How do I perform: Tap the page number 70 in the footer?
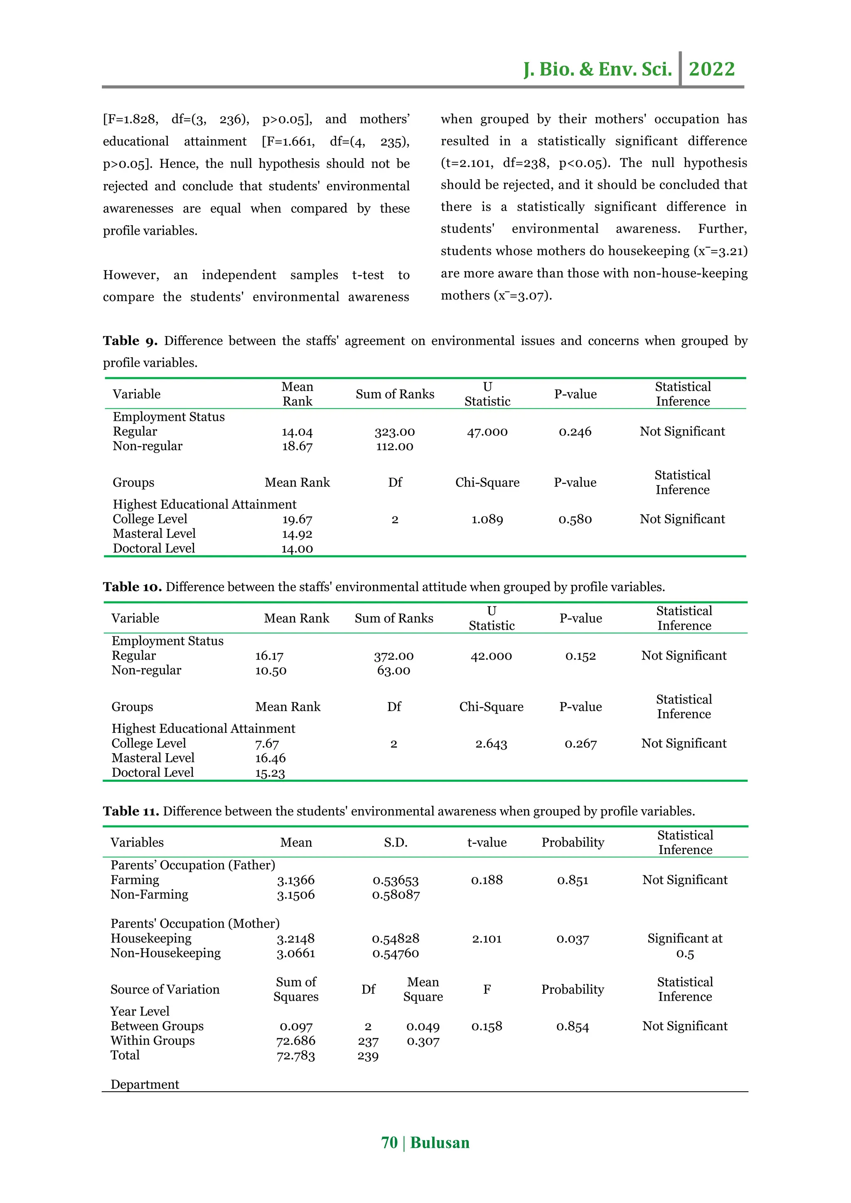[389, 1142]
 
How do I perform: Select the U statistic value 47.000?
[487, 432]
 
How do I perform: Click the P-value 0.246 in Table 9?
[575, 432]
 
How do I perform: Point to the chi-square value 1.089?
[487, 519]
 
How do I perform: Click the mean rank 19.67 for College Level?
[297, 519]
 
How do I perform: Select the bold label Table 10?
[132, 587]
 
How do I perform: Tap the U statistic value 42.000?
[491, 656]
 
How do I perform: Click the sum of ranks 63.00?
[394, 670]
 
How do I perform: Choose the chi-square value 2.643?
[491, 744]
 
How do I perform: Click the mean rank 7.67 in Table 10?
[267, 744]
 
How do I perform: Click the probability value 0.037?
[572, 939]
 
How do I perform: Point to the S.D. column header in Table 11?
[395, 842]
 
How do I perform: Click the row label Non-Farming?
[149, 894]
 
